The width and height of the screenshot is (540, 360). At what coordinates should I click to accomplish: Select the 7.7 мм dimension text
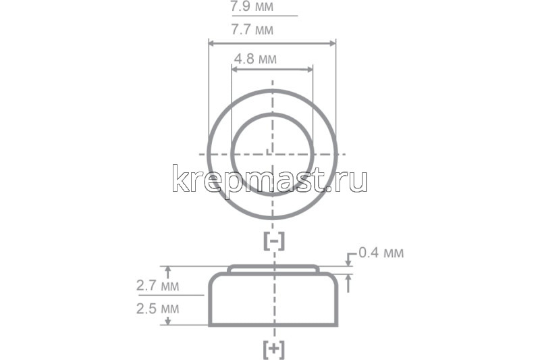(x=252, y=30)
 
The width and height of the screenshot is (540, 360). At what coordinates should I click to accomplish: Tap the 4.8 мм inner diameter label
(x=255, y=59)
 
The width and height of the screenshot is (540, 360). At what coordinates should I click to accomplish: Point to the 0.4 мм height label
(x=381, y=253)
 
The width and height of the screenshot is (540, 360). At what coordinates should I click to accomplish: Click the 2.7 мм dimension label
(x=157, y=286)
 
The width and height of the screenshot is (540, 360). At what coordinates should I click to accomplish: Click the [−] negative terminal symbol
(x=273, y=240)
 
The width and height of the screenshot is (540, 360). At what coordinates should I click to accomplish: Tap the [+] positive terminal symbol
(x=273, y=349)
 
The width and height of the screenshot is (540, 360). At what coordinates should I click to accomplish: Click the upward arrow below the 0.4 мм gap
(x=349, y=278)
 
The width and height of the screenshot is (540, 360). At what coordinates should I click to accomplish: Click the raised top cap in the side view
(x=273, y=268)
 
